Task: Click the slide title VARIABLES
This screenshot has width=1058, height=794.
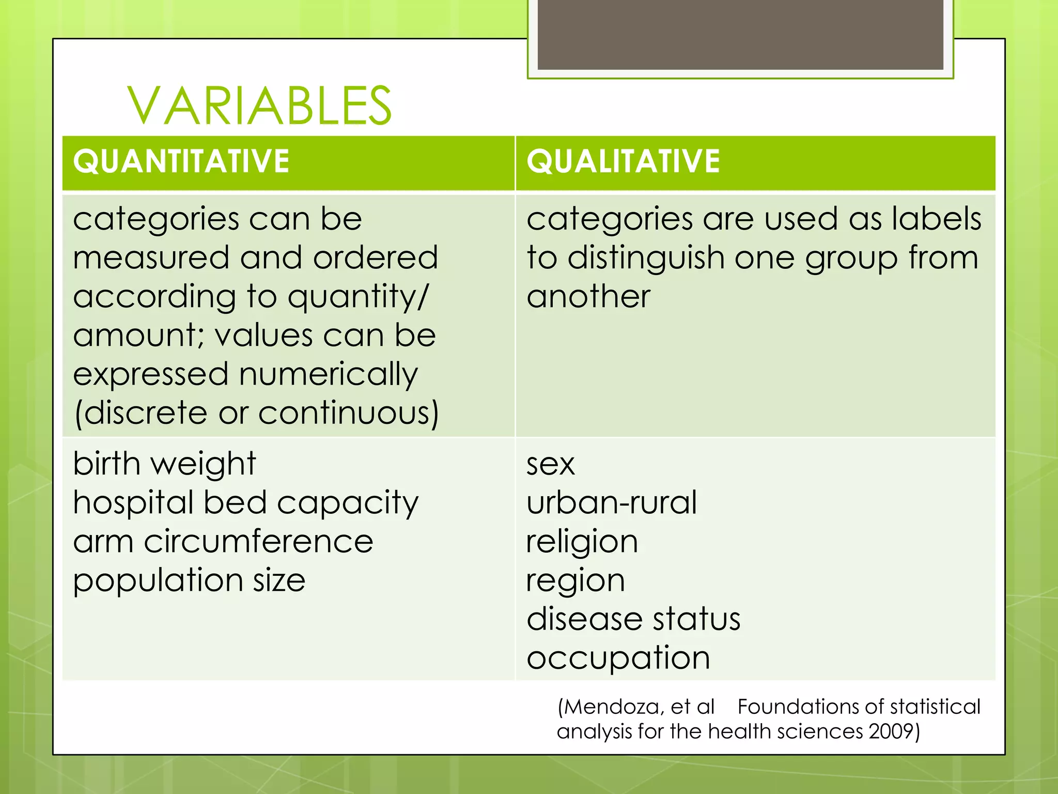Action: pyautogui.click(x=259, y=106)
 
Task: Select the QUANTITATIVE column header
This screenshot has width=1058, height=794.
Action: pyautogui.click(x=181, y=161)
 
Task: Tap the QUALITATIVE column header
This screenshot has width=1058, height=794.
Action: pyautogui.click(x=623, y=161)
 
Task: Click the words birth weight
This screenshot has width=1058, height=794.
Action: pyautogui.click(x=164, y=463)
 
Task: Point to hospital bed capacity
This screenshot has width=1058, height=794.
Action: pyautogui.click(x=245, y=503)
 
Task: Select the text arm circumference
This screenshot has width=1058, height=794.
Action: pyautogui.click(x=223, y=542)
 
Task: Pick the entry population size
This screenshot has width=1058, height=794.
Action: pyautogui.click(x=189, y=581)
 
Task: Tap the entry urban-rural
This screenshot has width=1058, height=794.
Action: pyautogui.click(x=611, y=502)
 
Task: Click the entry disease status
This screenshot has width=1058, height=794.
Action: pyautogui.click(x=633, y=619)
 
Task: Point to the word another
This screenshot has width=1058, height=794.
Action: pyautogui.click(x=588, y=297)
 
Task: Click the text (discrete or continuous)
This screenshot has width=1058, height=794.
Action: pyautogui.click(x=256, y=413)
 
